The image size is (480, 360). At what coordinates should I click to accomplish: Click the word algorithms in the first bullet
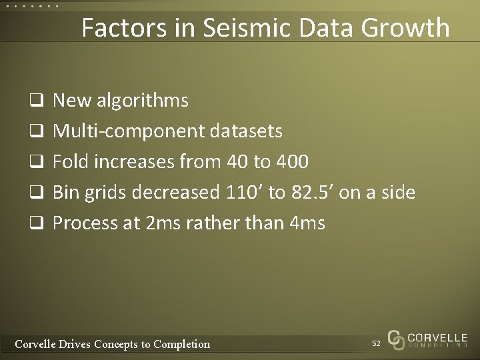(x=141, y=101)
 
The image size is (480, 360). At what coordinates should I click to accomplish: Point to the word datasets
(x=247, y=131)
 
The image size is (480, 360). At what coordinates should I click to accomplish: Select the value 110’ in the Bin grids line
(x=239, y=193)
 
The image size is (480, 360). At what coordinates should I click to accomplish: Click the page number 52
(x=376, y=343)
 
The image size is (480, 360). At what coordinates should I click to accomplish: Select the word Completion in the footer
(x=181, y=344)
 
